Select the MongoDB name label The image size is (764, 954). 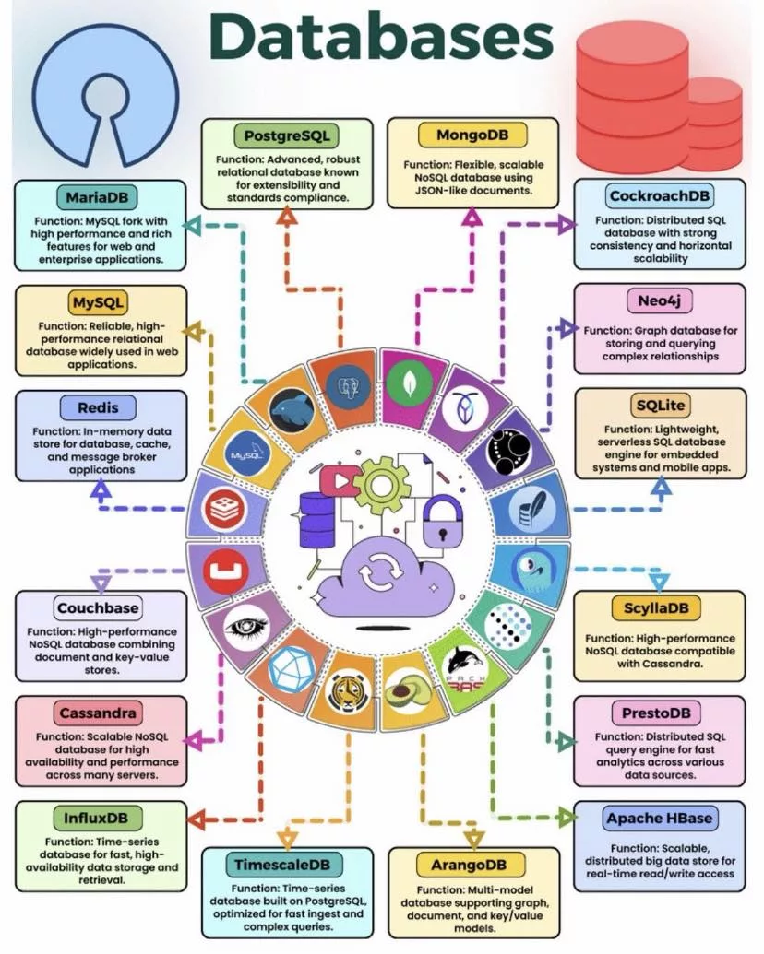[471, 135]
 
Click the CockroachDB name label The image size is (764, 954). [659, 195]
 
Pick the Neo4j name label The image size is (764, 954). [659, 300]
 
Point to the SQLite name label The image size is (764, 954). [660, 405]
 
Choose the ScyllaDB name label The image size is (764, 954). [659, 608]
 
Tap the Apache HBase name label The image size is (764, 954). [659, 819]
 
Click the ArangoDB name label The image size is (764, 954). [472, 865]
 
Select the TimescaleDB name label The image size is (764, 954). [286, 865]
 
